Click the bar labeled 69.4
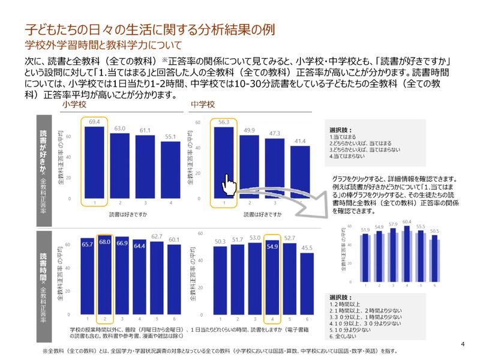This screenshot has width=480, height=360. click(94, 162)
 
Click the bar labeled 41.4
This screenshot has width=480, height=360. click(300, 174)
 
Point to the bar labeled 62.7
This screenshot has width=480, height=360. click(157, 276)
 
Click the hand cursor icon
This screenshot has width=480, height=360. click(227, 184)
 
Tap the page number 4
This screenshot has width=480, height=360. click(463, 344)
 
